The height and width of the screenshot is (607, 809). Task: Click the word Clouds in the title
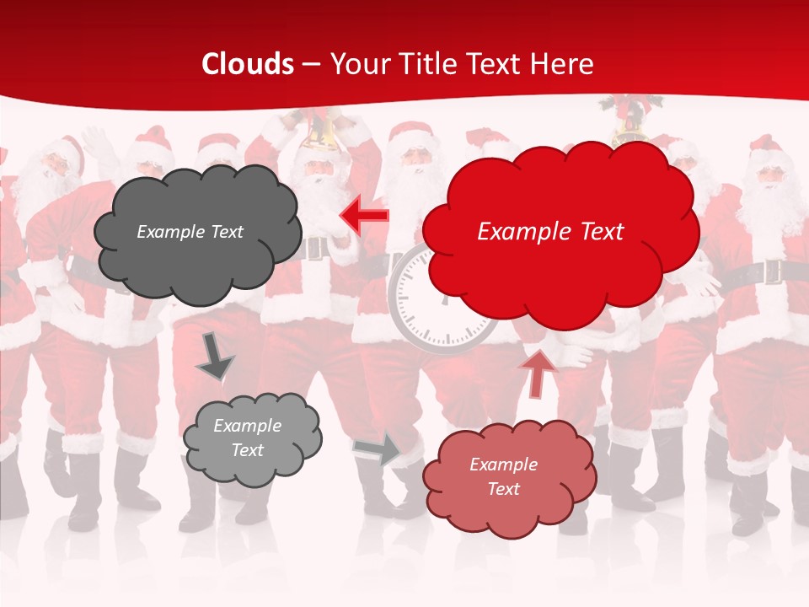click(x=248, y=64)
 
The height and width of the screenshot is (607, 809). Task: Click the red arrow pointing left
click(x=365, y=216)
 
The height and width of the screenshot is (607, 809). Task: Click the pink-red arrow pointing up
click(x=538, y=373)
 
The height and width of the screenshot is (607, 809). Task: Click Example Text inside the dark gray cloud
click(x=190, y=232)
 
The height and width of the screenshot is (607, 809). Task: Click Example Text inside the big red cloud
click(x=550, y=232)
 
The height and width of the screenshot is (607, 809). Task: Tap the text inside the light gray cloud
click(x=247, y=438)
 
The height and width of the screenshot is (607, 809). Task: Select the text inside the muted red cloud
click(x=503, y=476)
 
